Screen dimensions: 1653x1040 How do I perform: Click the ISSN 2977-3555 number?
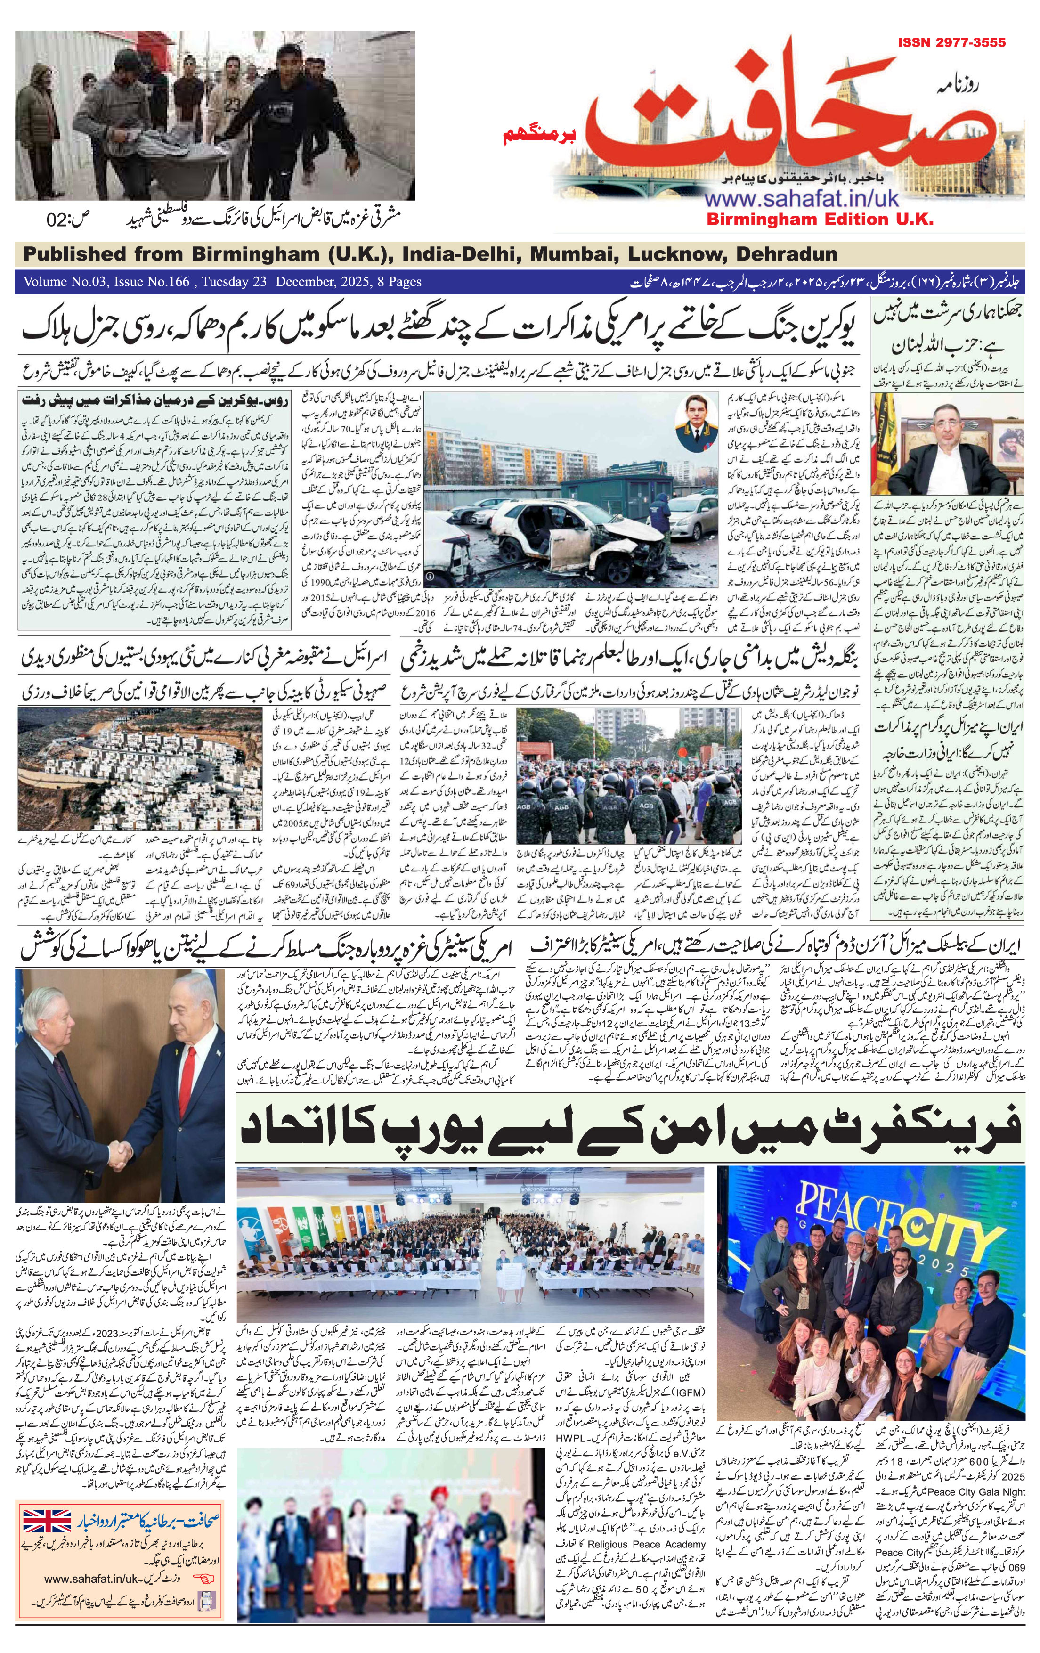pyautogui.click(x=951, y=42)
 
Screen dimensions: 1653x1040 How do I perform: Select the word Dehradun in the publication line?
pyautogui.click(x=786, y=254)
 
